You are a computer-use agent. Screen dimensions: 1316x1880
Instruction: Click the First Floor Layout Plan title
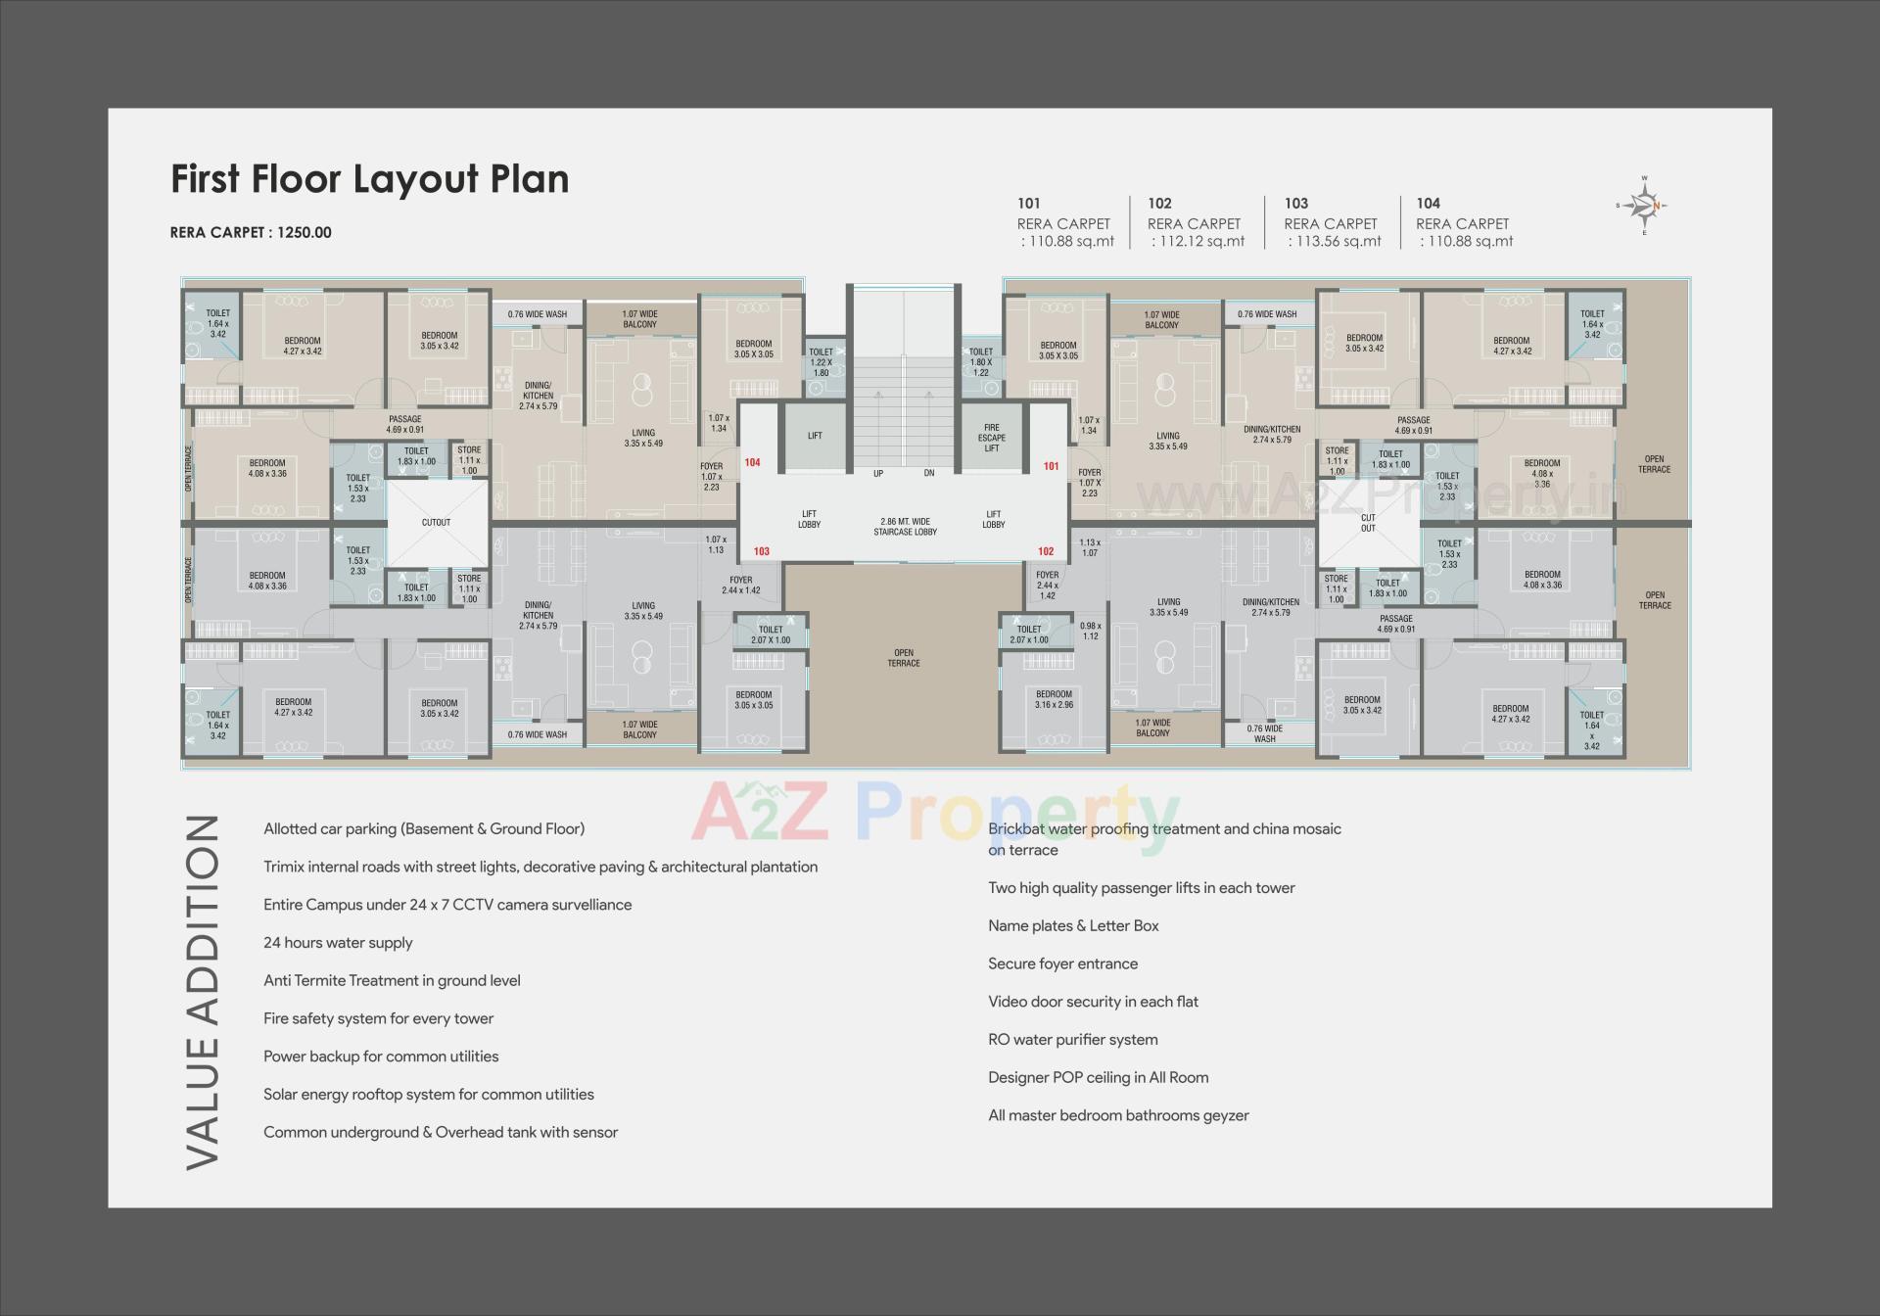(369, 179)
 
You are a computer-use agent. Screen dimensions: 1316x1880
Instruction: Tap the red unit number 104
(752, 462)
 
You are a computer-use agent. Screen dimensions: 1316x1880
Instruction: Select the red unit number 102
(1046, 551)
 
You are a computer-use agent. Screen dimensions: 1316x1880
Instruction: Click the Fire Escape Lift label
(992, 438)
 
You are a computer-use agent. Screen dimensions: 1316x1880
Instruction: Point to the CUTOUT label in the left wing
(436, 522)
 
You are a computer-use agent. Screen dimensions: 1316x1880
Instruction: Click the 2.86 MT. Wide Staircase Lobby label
(905, 527)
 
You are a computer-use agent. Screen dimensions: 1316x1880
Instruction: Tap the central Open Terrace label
(903, 658)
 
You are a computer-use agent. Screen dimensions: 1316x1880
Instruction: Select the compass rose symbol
(1644, 206)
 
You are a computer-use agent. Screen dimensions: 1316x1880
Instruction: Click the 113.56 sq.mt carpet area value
(1333, 241)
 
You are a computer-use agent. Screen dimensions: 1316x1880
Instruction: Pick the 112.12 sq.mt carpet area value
(1197, 241)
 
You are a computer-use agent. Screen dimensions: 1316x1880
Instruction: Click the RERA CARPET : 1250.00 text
(251, 232)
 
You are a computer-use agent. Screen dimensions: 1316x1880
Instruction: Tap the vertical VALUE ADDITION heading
(203, 991)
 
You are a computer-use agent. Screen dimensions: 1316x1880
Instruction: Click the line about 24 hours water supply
(338, 942)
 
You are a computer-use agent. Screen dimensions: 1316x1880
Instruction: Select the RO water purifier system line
(1072, 1039)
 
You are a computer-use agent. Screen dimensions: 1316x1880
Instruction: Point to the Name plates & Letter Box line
(1073, 925)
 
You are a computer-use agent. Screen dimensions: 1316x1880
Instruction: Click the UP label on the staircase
(878, 473)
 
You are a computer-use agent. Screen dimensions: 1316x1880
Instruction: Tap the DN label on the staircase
(928, 473)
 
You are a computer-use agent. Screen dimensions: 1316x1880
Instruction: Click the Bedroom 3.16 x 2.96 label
(1054, 699)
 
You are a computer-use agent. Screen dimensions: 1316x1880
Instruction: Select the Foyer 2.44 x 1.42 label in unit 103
(740, 585)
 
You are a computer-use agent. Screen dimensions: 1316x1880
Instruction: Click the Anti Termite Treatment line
(392, 980)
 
